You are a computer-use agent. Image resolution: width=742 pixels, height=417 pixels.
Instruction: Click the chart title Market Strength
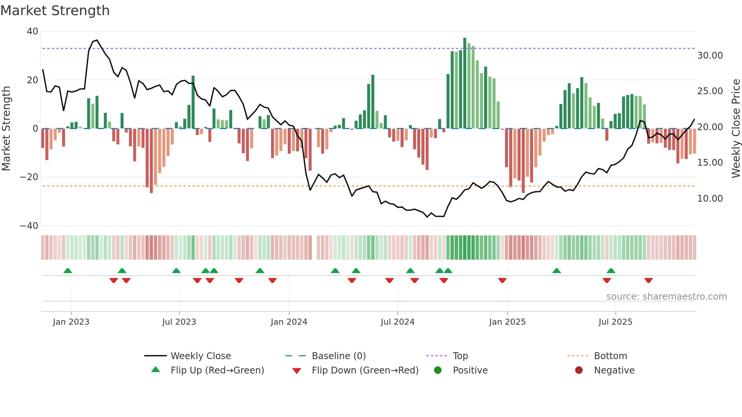click(55, 11)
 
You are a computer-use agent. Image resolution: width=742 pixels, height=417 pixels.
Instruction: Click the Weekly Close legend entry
click(200, 356)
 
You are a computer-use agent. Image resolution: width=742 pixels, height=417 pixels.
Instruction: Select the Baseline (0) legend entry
click(338, 356)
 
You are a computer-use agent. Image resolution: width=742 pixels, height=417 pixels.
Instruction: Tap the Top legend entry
click(460, 356)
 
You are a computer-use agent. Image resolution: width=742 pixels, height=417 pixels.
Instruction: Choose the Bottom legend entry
click(610, 356)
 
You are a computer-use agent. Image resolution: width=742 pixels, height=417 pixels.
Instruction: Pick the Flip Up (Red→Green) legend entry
click(217, 370)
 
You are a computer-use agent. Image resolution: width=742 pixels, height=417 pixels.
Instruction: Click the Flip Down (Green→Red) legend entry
click(365, 370)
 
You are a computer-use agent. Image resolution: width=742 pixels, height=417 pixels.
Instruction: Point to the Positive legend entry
click(470, 370)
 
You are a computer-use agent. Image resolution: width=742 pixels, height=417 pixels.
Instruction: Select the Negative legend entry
click(614, 370)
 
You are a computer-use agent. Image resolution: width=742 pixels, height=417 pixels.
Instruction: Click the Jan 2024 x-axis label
click(289, 322)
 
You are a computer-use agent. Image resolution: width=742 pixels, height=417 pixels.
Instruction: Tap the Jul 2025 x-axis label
click(615, 322)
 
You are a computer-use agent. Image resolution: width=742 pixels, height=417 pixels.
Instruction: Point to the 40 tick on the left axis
click(33, 31)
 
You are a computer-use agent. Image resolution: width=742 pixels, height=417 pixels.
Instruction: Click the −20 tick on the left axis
click(29, 177)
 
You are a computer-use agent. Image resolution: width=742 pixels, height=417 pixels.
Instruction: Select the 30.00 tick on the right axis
click(710, 56)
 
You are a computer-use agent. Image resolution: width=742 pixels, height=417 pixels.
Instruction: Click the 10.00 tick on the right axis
click(710, 199)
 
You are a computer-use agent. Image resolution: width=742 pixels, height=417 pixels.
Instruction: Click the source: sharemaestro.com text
click(666, 297)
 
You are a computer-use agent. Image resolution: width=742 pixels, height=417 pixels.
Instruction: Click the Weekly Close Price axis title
click(736, 129)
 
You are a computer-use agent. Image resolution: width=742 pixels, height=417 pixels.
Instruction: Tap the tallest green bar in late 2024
click(465, 83)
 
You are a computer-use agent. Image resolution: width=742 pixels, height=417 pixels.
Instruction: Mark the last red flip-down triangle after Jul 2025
click(648, 280)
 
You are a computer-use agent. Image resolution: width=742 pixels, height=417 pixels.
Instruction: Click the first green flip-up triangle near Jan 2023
click(68, 271)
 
